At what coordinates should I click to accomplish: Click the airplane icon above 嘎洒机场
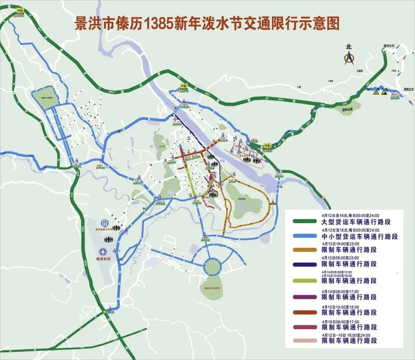pos(103,252)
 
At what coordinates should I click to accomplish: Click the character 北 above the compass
pos(349,47)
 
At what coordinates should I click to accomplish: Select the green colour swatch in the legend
pos(304,222)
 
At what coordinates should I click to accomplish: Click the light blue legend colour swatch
pos(304,236)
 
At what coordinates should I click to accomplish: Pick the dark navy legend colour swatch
pos(304,264)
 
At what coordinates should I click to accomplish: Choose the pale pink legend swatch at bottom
pos(304,340)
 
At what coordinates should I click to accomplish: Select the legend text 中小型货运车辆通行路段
pos(359,236)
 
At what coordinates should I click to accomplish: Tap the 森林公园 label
pos(347,109)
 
